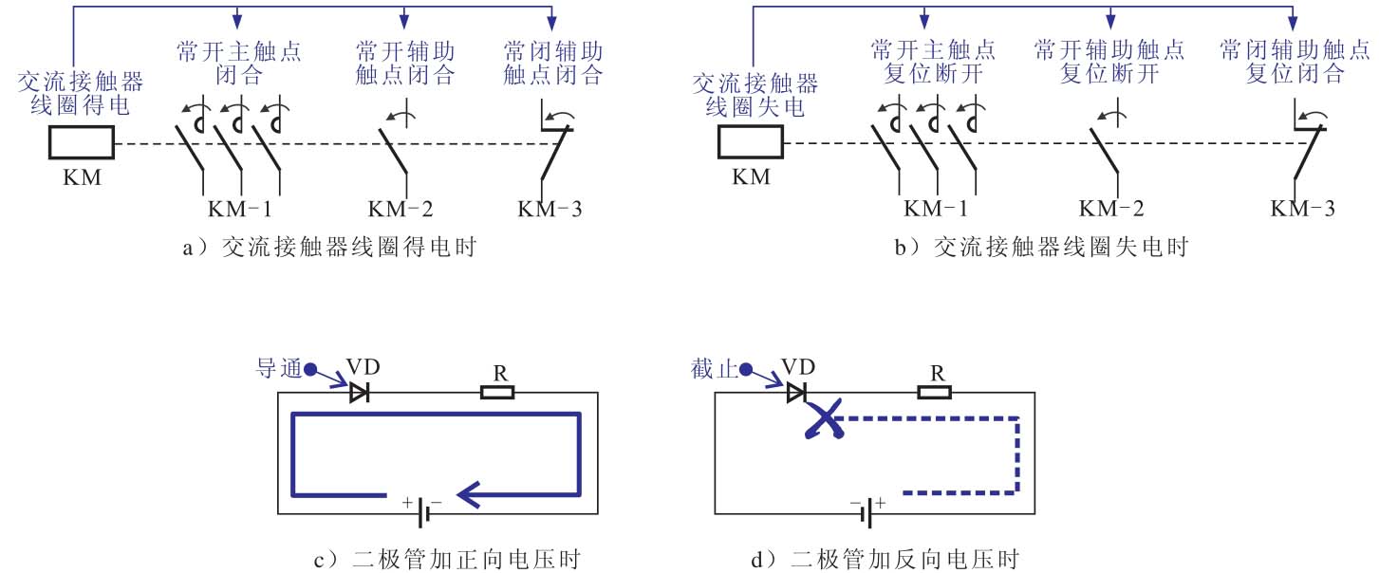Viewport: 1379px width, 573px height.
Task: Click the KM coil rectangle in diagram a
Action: tap(81, 144)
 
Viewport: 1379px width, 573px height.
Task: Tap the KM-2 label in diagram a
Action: tap(405, 209)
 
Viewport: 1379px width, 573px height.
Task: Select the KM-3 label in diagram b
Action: tap(1303, 209)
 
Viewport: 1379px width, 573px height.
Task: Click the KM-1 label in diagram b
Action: tap(937, 209)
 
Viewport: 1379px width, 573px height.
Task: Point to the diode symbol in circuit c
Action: tap(359, 392)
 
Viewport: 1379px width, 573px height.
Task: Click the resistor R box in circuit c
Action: tap(497, 392)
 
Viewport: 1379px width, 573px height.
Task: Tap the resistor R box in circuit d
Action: tap(935, 392)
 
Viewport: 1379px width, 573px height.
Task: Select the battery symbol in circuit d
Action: tap(865, 513)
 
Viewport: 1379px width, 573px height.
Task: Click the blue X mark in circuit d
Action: tap(824, 418)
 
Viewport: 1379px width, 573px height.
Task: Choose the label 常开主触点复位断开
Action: tap(932, 62)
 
